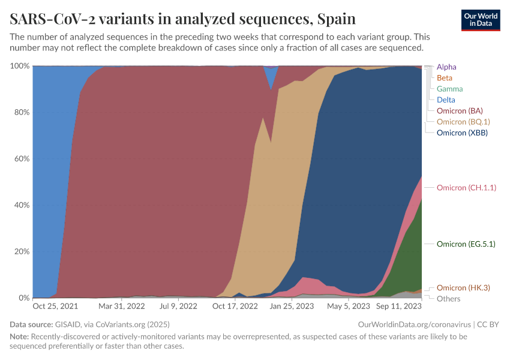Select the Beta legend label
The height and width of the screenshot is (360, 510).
click(x=445, y=78)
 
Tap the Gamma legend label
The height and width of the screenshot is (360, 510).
click(x=449, y=89)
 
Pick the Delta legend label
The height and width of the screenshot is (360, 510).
click(x=446, y=100)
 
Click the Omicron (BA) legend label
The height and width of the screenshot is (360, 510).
click(x=460, y=111)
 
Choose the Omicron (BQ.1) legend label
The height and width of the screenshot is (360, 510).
click(x=463, y=122)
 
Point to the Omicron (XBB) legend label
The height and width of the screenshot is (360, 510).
click(x=462, y=133)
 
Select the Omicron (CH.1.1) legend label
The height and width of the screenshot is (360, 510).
click(x=466, y=188)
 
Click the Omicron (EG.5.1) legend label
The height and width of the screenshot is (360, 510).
click(x=466, y=244)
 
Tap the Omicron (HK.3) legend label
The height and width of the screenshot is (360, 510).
click(x=463, y=288)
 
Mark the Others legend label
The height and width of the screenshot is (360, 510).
click(x=449, y=299)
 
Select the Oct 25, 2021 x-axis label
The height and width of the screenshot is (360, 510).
click(x=55, y=306)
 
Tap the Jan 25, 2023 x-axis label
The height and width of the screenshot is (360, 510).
click(x=292, y=306)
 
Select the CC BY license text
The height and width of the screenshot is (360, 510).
click(x=488, y=325)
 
